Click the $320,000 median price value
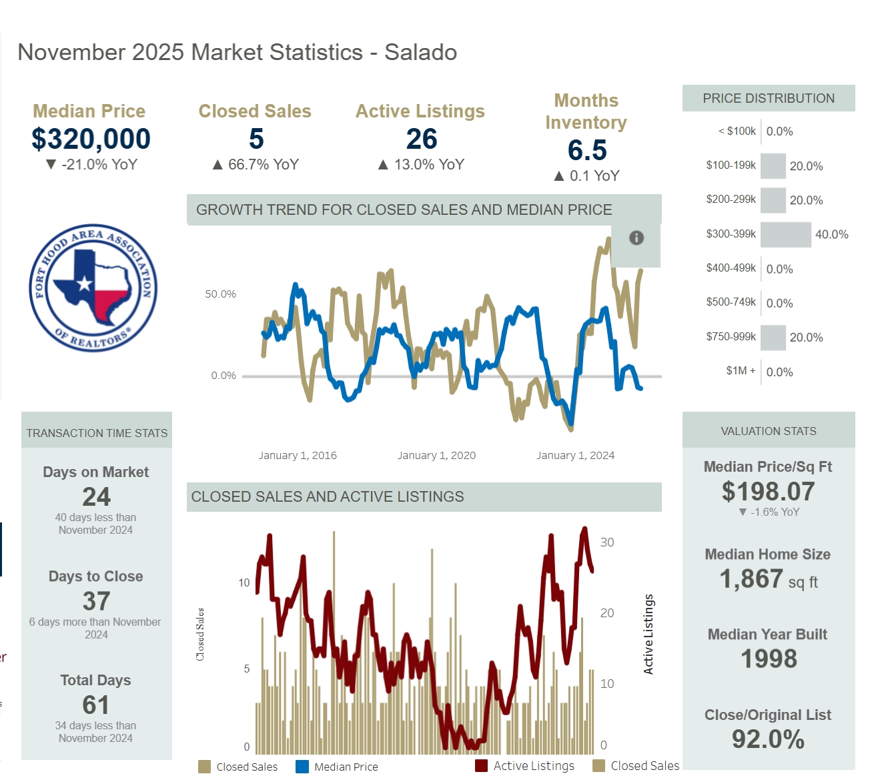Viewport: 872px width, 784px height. [x=91, y=139]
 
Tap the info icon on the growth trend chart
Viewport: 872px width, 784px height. [x=636, y=238]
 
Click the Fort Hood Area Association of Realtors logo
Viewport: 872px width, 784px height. [x=93, y=288]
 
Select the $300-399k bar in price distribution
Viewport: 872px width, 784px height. [x=785, y=234]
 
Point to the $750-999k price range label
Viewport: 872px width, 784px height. [x=731, y=337]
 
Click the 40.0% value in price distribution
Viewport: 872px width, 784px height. [x=831, y=234]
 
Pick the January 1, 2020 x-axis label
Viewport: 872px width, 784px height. [x=436, y=455]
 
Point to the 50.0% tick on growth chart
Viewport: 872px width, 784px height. [x=220, y=294]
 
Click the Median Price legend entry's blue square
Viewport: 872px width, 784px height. [x=302, y=767]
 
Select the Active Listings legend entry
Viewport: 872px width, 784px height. [x=525, y=766]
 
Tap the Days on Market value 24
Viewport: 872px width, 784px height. [x=96, y=496]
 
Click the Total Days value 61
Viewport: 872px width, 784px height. [x=96, y=705]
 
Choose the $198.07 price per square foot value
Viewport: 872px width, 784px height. [x=768, y=492]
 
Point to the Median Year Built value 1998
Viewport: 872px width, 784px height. [x=769, y=659]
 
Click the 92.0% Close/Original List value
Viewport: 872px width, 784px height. [x=768, y=739]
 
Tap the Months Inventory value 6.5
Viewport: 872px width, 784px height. [x=587, y=150]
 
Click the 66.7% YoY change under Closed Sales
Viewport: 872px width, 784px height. [x=256, y=164]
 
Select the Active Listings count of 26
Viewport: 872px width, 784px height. [x=422, y=139]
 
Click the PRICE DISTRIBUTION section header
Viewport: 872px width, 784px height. [x=769, y=98]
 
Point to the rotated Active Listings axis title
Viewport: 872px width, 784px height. [x=648, y=634]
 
